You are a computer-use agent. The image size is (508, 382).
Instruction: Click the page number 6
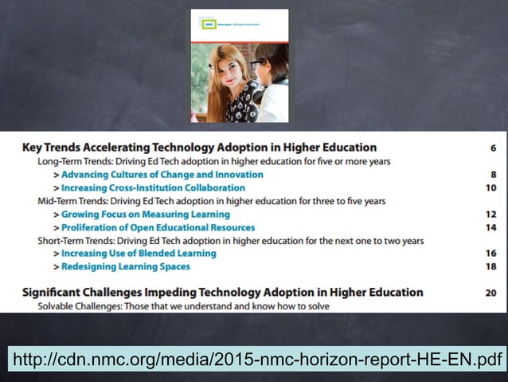(494, 148)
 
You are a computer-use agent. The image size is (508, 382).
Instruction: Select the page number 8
(494, 175)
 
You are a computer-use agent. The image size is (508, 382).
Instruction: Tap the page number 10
(491, 188)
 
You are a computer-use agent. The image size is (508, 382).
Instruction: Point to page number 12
(491, 215)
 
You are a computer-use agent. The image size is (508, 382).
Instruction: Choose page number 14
(491, 228)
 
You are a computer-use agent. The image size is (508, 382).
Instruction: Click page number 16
(491, 254)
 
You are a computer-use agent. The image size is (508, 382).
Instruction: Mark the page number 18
(491, 267)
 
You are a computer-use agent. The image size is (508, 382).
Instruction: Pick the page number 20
(490, 293)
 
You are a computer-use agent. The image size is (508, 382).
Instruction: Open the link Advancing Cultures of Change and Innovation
(162, 175)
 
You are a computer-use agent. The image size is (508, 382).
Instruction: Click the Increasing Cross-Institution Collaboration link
(153, 188)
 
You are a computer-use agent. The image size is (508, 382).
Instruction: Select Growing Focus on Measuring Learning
(146, 215)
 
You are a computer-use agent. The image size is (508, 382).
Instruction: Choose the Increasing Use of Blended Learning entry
(139, 254)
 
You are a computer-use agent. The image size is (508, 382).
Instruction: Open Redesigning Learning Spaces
(126, 267)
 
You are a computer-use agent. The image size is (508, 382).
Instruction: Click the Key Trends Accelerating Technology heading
(199, 148)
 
